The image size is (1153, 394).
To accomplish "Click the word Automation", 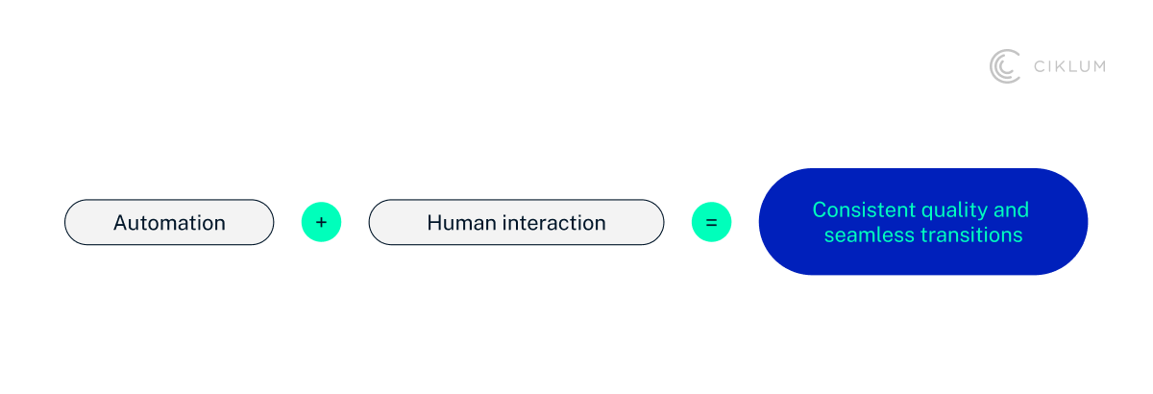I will (169, 223).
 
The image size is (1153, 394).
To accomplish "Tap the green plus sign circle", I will (321, 222).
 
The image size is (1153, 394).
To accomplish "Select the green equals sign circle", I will (711, 222).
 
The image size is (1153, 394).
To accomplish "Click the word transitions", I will (970, 234).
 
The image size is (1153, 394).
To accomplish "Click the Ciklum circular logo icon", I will (1005, 66).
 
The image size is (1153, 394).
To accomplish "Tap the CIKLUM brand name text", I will (1068, 66).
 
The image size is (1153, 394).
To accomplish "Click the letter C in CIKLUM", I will (1039, 66).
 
